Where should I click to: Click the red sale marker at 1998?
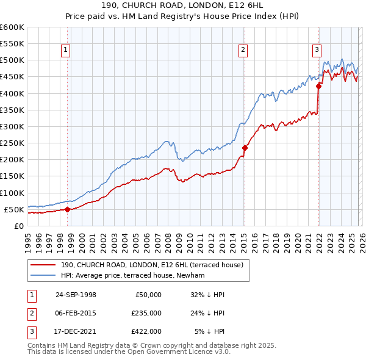coord(67,209)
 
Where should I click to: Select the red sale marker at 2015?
coord(245,148)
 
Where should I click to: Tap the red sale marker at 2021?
coord(318,86)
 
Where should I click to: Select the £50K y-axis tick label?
coord(14,209)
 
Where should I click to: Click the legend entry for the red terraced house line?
coord(152,265)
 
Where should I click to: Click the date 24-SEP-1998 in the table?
coord(76,295)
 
